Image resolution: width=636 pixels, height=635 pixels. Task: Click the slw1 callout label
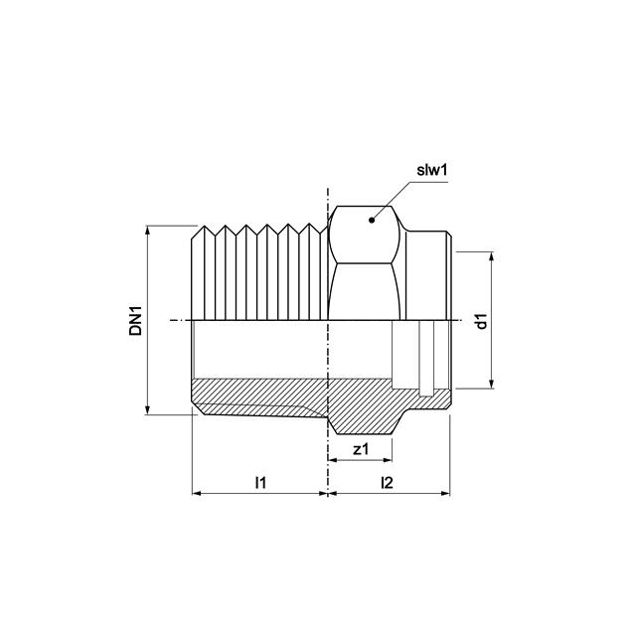[x=432, y=170]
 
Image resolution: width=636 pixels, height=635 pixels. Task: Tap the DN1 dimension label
[x=136, y=320]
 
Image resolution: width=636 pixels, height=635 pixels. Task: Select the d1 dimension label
[x=481, y=321]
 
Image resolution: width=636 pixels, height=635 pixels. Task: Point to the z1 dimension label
[x=361, y=449]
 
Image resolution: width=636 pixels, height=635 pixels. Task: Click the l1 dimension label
[x=260, y=483]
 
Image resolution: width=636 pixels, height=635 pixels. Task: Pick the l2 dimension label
[x=387, y=483]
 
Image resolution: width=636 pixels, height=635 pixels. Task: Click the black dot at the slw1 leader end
[x=371, y=221]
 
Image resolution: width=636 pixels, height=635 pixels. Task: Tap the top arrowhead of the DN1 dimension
[x=148, y=230]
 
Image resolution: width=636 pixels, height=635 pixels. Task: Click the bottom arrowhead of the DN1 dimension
[x=148, y=409]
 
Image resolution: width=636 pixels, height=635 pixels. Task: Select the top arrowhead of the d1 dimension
[x=492, y=257]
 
